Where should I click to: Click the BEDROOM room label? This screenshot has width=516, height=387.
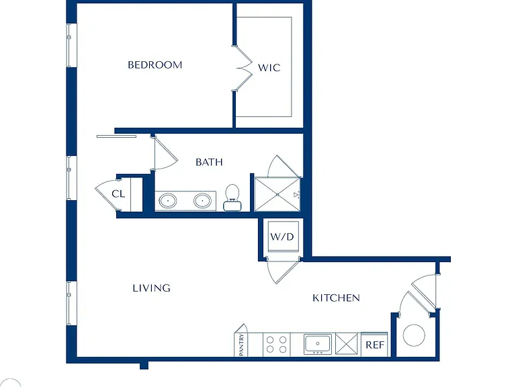155,64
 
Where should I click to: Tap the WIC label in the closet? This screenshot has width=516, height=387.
269,68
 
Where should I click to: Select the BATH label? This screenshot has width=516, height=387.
210,162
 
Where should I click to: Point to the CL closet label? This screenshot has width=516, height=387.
118,193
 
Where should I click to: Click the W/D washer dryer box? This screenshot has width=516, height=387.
284,236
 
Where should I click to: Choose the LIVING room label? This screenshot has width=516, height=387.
151,288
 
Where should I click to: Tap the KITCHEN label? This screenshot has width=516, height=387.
336,298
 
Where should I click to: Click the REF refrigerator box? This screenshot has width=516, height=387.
374,344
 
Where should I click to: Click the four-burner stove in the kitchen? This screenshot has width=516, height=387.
277,344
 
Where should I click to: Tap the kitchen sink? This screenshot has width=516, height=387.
318,344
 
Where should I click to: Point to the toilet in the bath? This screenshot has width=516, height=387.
232,198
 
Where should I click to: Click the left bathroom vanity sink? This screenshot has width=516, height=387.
168,201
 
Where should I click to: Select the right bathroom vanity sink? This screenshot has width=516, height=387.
202,201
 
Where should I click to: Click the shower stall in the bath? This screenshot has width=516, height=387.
277,194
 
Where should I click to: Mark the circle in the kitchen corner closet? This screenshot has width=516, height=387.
414,335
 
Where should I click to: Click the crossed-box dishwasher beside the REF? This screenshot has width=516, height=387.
346,344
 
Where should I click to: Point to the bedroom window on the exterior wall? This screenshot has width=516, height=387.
70,45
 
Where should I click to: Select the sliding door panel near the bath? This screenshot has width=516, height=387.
116,136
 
